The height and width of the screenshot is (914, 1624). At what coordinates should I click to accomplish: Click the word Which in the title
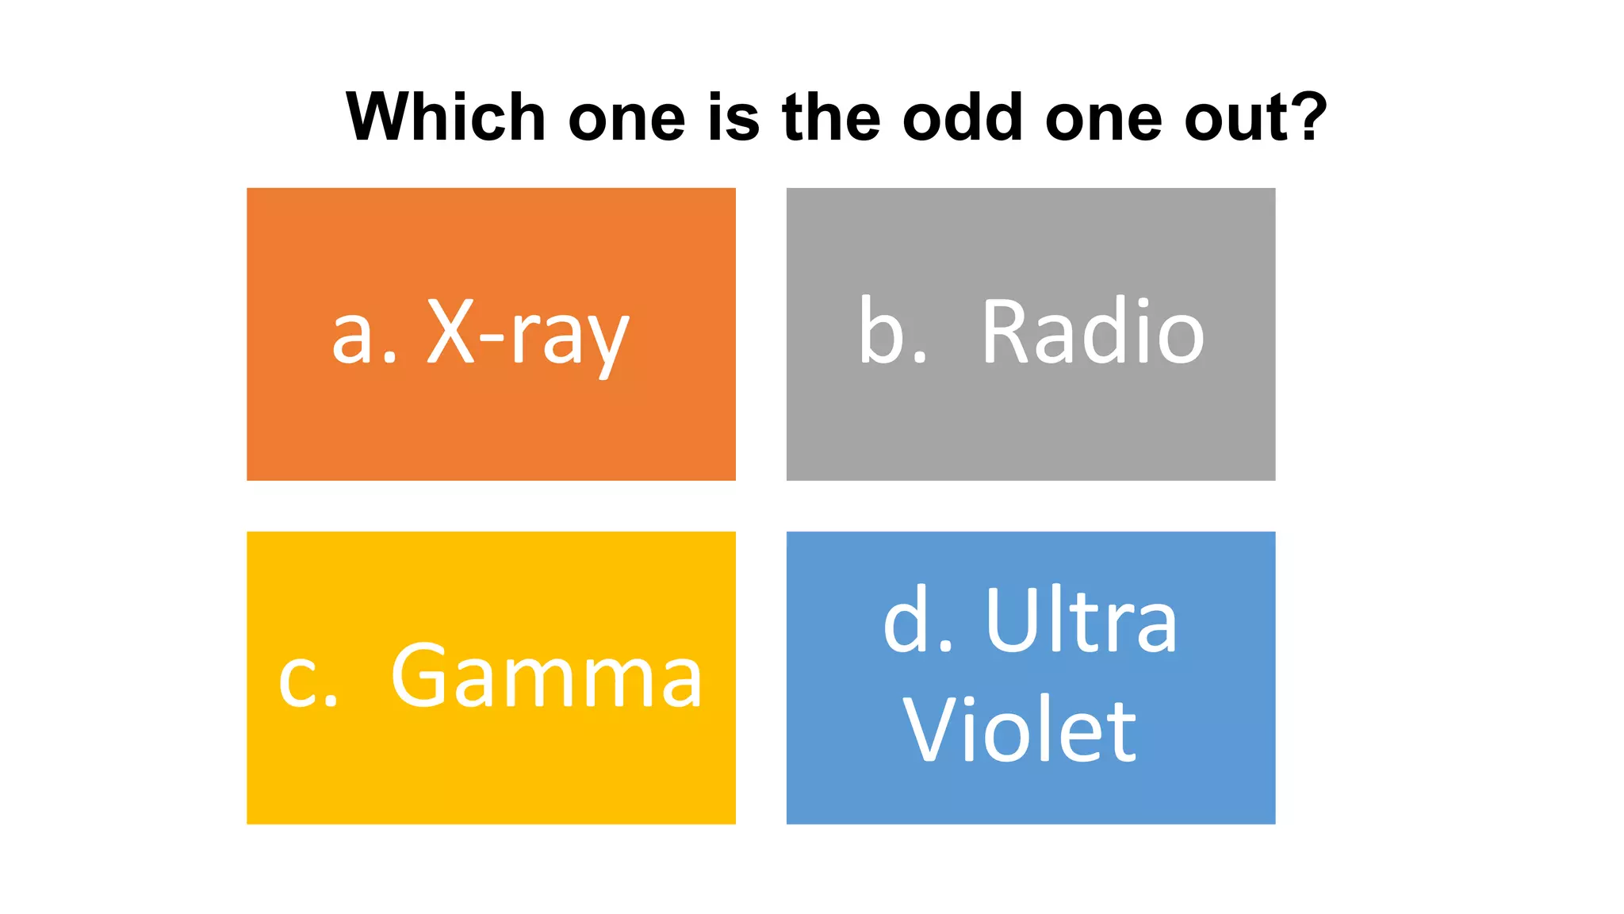[445, 117]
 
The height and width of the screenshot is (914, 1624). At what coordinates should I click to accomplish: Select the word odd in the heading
[963, 117]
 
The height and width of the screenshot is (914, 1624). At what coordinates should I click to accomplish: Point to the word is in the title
[733, 117]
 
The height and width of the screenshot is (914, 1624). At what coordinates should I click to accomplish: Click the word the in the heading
[831, 117]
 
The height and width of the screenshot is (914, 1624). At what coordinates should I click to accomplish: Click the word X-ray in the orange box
[528, 335]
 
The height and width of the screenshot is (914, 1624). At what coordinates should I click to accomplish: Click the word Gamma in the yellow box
[546, 678]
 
